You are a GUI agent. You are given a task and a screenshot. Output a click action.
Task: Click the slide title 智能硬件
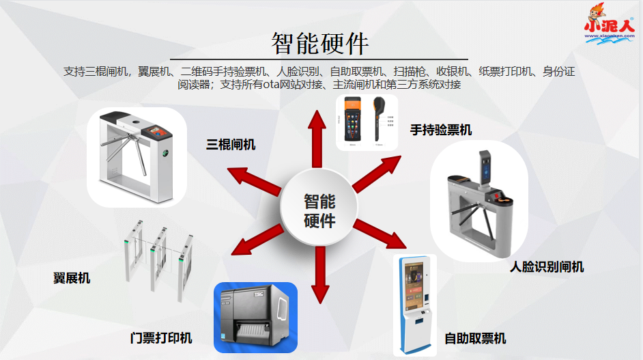click(320, 43)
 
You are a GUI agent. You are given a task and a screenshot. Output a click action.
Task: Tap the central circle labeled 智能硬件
click(319, 211)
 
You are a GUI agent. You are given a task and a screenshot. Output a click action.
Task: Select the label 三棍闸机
click(231, 144)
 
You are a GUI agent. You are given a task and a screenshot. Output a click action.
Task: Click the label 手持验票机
click(440, 129)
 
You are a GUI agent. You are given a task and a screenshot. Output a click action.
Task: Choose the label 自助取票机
click(475, 337)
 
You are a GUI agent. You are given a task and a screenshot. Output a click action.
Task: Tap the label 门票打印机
click(161, 337)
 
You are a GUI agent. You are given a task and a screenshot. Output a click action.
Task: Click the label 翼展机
click(72, 278)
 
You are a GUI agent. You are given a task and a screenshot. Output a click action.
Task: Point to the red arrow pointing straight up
click(317, 140)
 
